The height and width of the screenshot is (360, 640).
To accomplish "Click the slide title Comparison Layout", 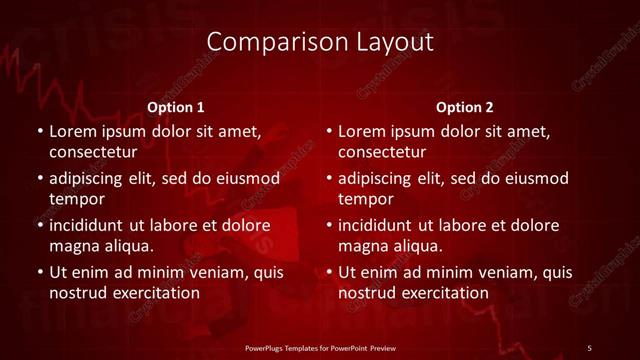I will click(x=320, y=42).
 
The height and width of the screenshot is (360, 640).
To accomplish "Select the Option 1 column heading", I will click(x=176, y=107).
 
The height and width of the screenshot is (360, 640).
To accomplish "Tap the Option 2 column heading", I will click(x=465, y=107).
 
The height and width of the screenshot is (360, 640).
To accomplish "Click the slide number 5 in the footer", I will click(x=590, y=347).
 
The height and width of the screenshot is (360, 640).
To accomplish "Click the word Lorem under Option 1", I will click(x=73, y=131).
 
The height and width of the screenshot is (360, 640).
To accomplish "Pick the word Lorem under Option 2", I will click(x=363, y=131).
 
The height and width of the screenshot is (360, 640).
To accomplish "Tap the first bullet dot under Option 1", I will click(x=38, y=132).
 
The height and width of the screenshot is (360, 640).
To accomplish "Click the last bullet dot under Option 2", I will click(x=328, y=272).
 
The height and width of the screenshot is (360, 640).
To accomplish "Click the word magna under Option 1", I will click(x=73, y=246).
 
